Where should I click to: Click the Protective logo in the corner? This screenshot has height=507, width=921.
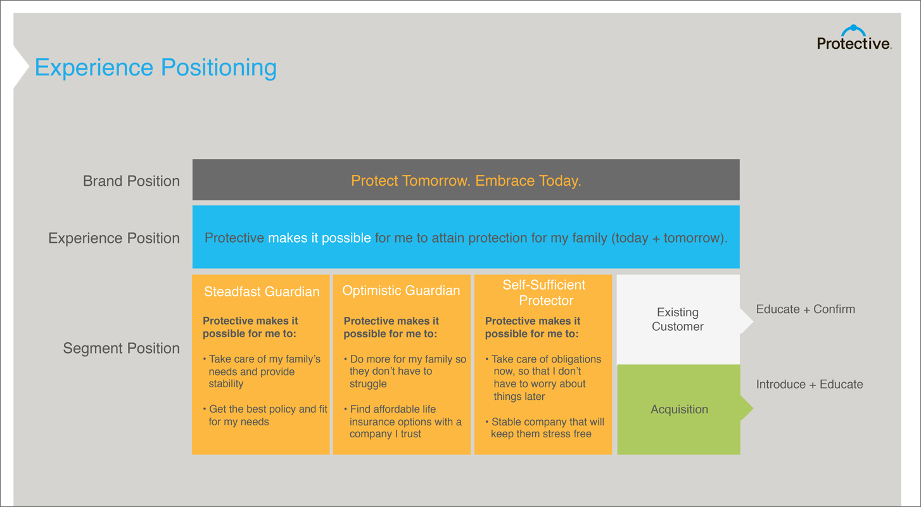click(x=854, y=37)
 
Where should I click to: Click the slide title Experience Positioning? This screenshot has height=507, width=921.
click(x=155, y=67)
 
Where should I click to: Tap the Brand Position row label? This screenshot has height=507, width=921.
click(x=131, y=181)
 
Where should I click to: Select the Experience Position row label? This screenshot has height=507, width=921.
click(x=114, y=238)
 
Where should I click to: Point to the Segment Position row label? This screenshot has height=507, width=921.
click(x=121, y=348)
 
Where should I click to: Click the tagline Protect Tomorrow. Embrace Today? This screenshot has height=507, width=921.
click(x=466, y=181)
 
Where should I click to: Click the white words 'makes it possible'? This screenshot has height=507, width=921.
click(x=319, y=238)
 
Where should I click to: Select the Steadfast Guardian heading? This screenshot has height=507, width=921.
click(x=262, y=292)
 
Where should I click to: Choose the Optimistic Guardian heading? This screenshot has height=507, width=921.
click(x=401, y=290)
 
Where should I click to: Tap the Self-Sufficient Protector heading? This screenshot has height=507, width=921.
click(x=544, y=293)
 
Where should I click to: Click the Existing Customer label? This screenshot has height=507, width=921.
click(x=678, y=319)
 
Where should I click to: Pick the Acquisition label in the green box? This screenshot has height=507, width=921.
click(x=679, y=409)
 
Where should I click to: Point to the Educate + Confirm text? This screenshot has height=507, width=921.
click(x=806, y=309)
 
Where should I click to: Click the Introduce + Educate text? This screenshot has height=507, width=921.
click(x=810, y=384)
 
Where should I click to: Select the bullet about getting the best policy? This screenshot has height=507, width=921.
click(x=265, y=415)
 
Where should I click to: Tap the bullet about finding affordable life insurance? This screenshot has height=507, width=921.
click(x=403, y=421)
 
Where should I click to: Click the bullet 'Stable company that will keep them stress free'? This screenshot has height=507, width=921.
click(x=545, y=428)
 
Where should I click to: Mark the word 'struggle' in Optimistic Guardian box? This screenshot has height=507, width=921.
click(x=368, y=384)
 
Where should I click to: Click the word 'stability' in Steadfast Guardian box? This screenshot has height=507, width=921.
click(x=225, y=384)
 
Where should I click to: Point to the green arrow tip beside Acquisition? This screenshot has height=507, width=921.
click(x=753, y=409)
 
